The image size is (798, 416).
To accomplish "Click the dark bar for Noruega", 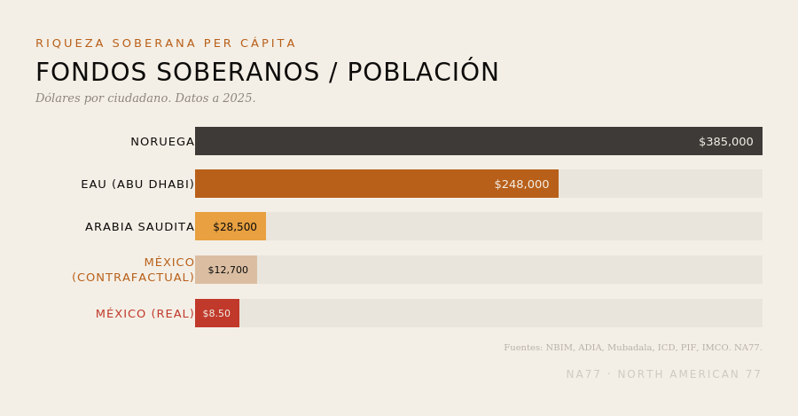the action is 479,141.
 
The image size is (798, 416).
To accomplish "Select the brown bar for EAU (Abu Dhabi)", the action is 377,184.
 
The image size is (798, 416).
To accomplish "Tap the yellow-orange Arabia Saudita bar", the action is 231,226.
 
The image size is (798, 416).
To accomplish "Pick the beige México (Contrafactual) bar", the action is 226,270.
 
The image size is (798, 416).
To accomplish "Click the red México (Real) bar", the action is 217,313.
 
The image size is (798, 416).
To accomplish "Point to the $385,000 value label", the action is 725,142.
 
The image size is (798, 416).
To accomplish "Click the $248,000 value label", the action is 521,184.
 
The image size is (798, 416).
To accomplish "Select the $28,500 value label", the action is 235,227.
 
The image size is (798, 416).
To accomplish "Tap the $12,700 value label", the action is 228,270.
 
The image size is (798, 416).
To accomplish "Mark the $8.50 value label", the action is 216,314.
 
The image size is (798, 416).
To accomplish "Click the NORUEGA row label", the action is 162,142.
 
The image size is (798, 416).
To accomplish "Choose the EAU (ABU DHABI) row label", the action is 137,184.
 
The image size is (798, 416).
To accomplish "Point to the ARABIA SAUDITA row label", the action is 139,227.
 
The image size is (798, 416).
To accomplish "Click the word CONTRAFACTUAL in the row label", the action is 133,278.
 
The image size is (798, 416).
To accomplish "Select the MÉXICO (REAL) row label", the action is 145,314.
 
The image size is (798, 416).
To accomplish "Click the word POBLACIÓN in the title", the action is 423,71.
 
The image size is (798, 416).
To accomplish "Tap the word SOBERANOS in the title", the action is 238,73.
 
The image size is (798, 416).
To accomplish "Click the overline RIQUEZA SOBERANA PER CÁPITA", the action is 166,43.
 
